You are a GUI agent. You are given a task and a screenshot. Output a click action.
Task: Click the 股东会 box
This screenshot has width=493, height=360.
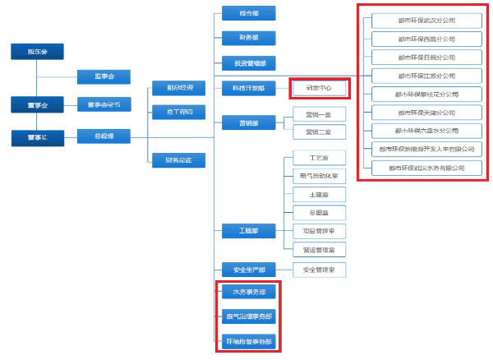coord(37,52)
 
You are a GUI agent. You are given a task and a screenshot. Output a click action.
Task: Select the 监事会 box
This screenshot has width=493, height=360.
coord(104,76)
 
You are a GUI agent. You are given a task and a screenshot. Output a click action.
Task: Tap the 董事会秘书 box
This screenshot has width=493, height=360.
coord(104,104)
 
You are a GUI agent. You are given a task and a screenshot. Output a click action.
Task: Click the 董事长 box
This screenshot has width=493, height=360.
coord(37,138)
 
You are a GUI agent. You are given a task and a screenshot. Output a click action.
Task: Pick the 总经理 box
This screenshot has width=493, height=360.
coord(104,134)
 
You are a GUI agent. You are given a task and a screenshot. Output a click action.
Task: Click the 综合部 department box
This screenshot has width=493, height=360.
coord(248,13)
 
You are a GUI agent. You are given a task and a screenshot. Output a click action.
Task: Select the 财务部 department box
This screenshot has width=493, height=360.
coord(248,37)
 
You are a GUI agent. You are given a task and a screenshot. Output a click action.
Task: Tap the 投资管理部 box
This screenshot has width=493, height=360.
coord(248,62)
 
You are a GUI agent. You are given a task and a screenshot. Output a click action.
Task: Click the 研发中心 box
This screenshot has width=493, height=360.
coord(320,88)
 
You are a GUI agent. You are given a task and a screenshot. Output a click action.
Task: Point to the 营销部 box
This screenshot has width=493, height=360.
coord(248,122)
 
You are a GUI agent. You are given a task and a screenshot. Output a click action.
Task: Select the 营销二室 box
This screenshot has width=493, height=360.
coord(320,132)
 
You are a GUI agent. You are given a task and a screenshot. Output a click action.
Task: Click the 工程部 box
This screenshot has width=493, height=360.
coord(248,231)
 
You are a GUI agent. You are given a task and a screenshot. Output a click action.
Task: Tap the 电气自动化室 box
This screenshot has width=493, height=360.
coord(320,176)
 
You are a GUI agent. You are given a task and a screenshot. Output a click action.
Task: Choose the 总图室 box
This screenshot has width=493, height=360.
coord(320,212)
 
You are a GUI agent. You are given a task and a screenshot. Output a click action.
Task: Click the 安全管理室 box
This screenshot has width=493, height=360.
coord(320,269)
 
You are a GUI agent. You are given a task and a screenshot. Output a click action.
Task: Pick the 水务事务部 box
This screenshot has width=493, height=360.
coord(248,292)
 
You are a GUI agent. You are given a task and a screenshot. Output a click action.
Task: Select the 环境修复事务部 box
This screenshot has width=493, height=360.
coord(248,341)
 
